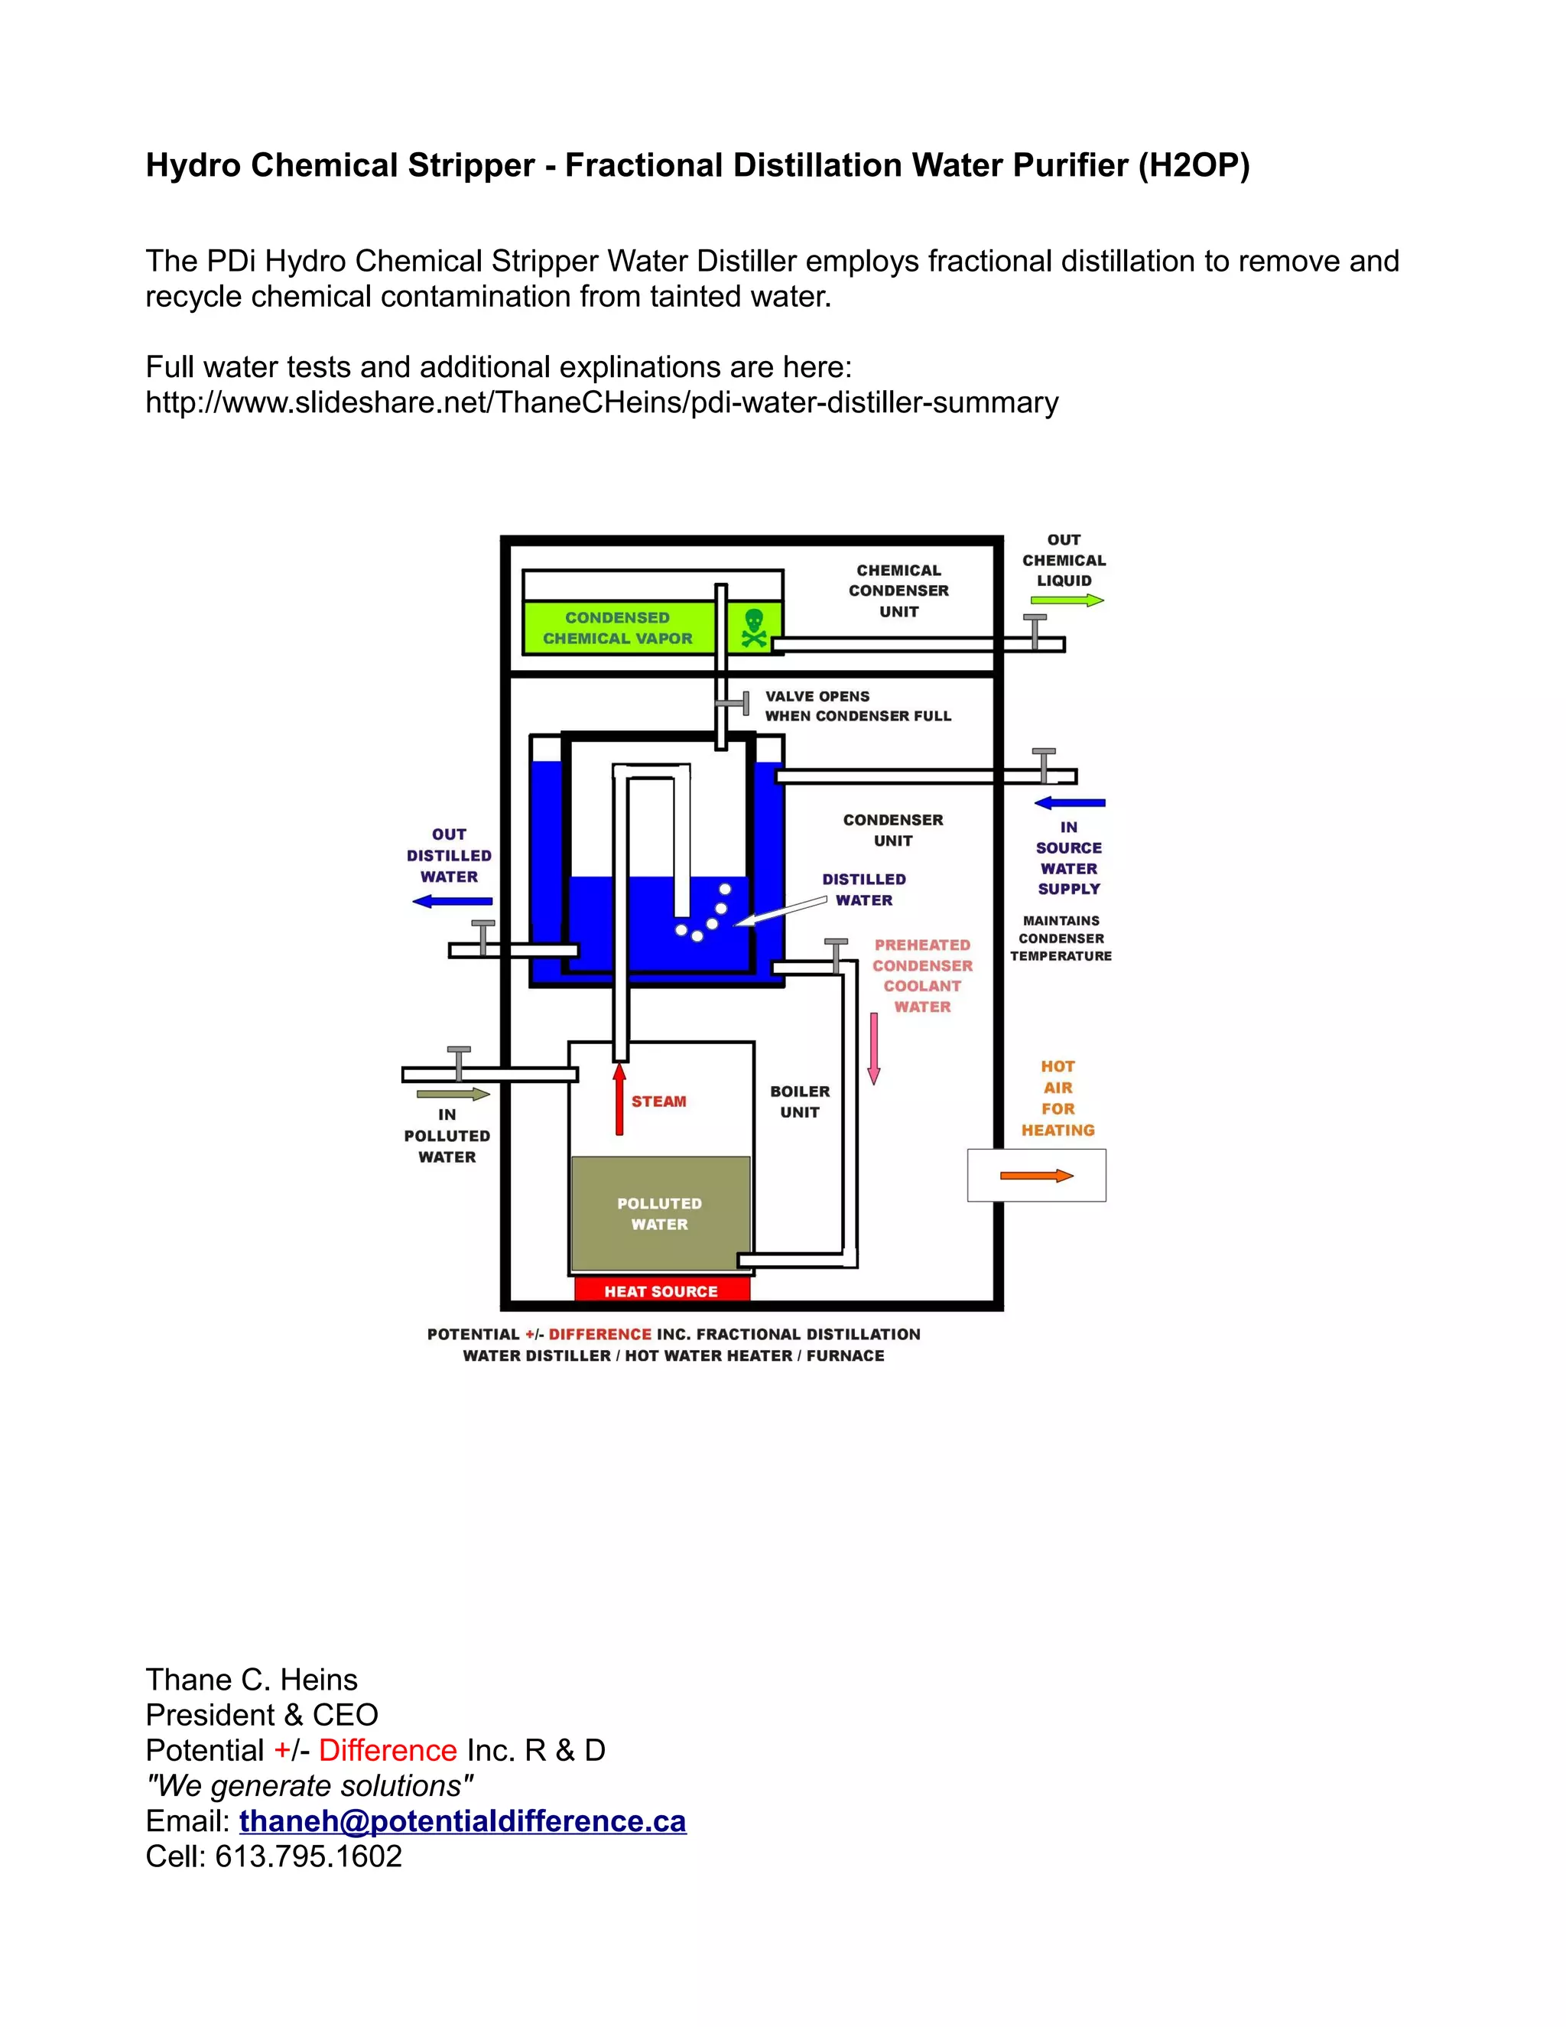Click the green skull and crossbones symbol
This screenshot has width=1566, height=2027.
click(x=754, y=628)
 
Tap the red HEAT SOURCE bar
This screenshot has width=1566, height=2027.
click(x=661, y=1291)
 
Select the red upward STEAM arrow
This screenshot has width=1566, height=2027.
click(x=619, y=1101)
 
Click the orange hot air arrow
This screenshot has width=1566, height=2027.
click(x=1036, y=1176)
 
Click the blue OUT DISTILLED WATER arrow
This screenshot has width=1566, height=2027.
click(x=452, y=900)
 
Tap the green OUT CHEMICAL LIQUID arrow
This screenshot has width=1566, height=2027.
click(x=1067, y=600)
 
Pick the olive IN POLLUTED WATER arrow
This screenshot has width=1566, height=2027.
click(x=453, y=1095)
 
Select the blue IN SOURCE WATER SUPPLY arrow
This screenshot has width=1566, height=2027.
click(x=1070, y=803)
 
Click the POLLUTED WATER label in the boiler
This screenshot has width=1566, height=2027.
click(x=660, y=1214)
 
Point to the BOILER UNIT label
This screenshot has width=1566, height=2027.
click(x=800, y=1101)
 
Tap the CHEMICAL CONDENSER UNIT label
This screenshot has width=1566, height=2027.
click(x=898, y=591)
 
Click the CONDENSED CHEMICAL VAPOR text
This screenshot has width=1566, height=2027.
click(x=617, y=628)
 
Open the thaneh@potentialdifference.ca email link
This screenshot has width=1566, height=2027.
click(x=462, y=1821)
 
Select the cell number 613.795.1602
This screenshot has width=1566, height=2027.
click(x=308, y=1856)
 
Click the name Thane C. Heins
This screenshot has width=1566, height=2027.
click(x=252, y=1680)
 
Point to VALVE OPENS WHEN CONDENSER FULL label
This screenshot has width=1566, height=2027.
click(x=857, y=706)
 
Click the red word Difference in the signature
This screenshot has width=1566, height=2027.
click(x=388, y=1750)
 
